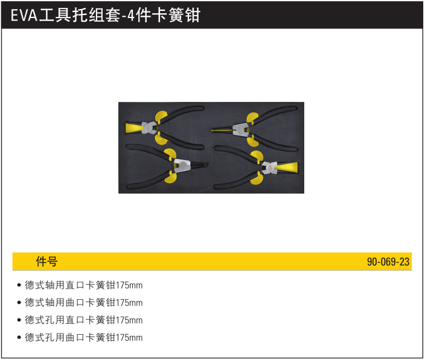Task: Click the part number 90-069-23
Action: pyautogui.click(x=388, y=262)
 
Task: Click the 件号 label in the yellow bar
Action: pyautogui.click(x=46, y=262)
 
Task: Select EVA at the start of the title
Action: pyautogui.click(x=24, y=15)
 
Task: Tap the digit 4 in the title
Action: pyautogui.click(x=130, y=15)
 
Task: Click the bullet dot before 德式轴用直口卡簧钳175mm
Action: pyautogui.click(x=19, y=285)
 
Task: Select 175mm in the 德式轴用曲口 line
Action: pyautogui.click(x=129, y=303)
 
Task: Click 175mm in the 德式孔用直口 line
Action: pyautogui.click(x=129, y=320)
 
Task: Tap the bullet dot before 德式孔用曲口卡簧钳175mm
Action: pyautogui.click(x=19, y=338)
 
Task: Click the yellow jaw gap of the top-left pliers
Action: pyautogui.click(x=133, y=127)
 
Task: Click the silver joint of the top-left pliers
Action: pyautogui.click(x=149, y=127)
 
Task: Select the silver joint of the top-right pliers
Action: pyautogui.click(x=241, y=130)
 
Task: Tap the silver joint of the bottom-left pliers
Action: pyautogui.click(x=182, y=165)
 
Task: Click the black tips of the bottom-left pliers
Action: pyautogui.click(x=199, y=165)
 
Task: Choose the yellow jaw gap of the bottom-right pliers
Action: pyautogui.click(x=288, y=168)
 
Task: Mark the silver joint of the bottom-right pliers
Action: pyautogui.click(x=269, y=168)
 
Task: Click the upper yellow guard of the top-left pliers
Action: pyautogui.click(x=162, y=116)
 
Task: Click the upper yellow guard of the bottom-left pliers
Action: pyautogui.click(x=170, y=154)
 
